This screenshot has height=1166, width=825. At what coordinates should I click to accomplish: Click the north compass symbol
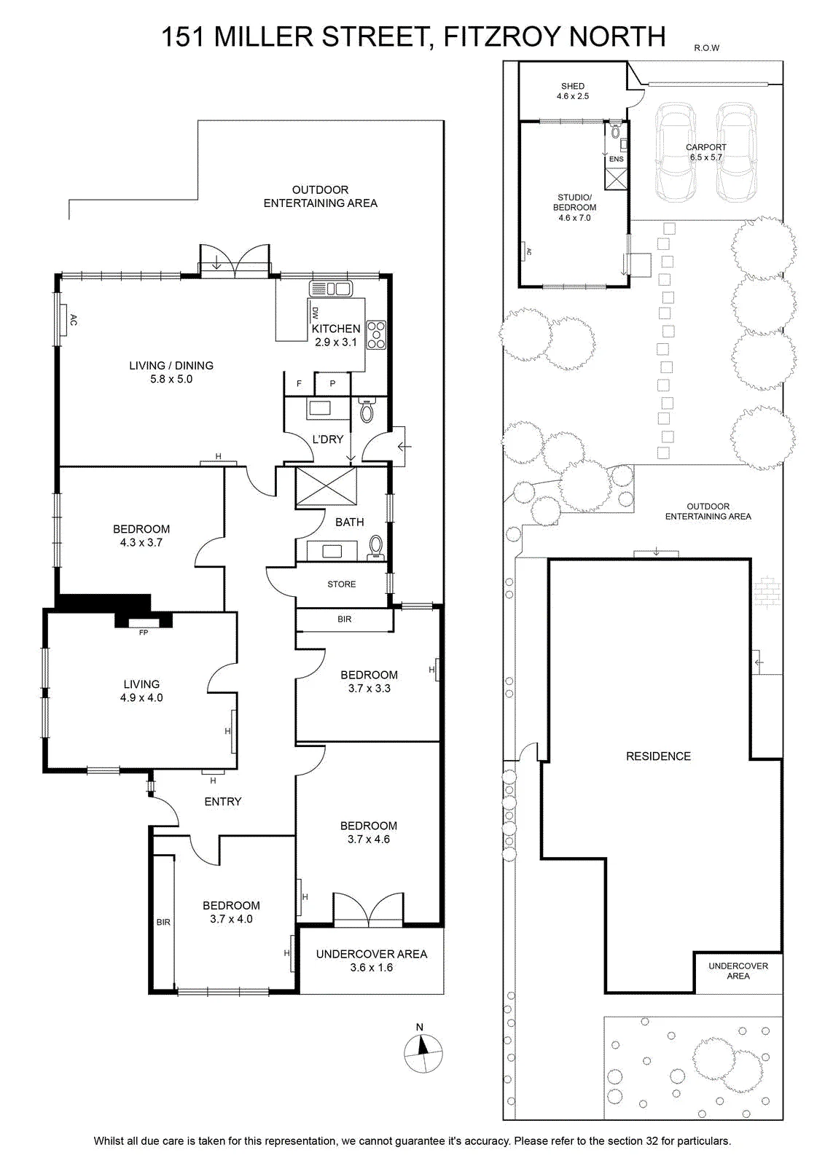coord(423,1052)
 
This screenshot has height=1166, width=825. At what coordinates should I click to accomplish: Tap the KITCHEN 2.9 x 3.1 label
coord(336,335)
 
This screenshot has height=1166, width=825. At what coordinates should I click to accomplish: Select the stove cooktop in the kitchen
coord(376,334)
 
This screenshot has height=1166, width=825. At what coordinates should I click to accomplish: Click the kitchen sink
coord(331,289)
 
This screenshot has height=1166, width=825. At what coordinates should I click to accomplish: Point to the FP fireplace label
coord(143,633)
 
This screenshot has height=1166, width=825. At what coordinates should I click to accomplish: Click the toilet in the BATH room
coord(375,547)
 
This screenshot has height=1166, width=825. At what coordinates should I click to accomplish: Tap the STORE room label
coord(342,584)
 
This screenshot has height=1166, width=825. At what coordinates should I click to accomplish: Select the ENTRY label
coord(223,802)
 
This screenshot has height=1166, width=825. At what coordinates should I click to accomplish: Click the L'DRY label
coord(327,439)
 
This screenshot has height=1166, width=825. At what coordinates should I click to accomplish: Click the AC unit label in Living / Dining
coord(73,320)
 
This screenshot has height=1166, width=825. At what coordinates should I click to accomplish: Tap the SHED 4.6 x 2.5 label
coord(573,91)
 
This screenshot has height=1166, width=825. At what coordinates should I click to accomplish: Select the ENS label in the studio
coord(617,160)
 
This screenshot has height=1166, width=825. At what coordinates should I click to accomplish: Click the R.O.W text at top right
coord(706,48)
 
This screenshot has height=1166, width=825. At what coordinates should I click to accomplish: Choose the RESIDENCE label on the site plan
coord(658,756)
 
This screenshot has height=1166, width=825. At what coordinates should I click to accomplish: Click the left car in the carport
coord(676,151)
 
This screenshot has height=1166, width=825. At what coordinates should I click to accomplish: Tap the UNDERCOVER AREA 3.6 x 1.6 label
coord(372,961)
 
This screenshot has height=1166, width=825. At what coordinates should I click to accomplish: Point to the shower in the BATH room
coord(326,486)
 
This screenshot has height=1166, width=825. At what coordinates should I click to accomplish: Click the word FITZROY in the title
coord(500,36)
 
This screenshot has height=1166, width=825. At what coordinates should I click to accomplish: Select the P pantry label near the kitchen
coord(332,383)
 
